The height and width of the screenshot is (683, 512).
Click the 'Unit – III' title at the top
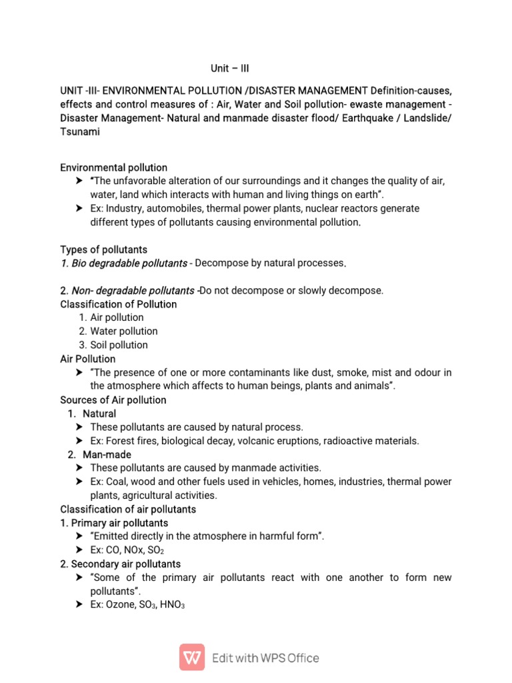point(230,68)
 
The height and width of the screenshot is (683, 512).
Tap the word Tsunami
point(80,132)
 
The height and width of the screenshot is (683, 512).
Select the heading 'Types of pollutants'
point(103,249)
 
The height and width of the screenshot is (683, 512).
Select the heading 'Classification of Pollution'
point(119,304)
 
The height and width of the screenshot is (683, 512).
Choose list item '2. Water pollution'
point(118,331)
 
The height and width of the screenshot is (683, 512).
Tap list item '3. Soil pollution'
point(113,345)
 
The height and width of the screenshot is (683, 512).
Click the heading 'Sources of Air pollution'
point(113,400)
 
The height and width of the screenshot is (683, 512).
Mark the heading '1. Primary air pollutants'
point(114,523)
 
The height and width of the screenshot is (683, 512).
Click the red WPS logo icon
point(192,657)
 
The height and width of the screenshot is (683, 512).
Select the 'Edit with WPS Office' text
point(265,658)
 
